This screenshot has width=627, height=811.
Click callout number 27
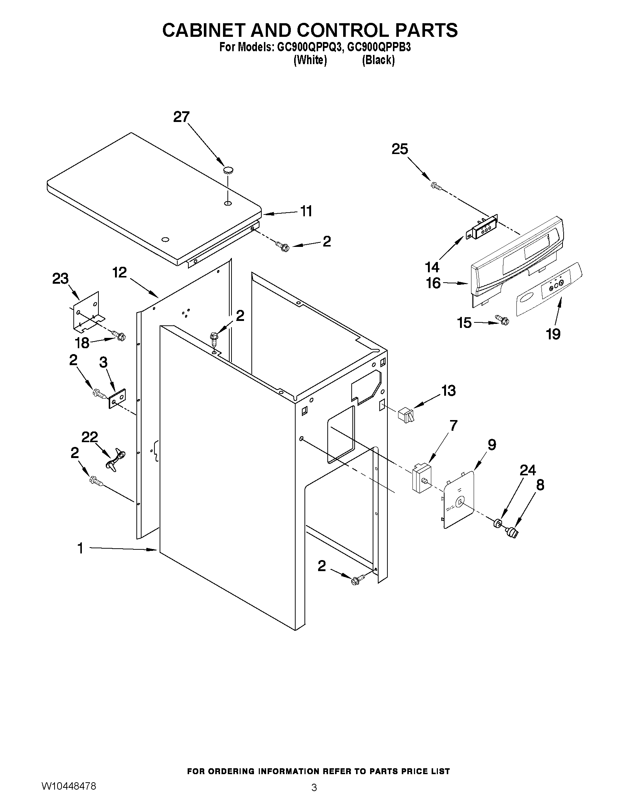tap(181, 117)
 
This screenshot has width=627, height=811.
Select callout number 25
tap(400, 149)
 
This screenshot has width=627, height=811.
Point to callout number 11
tap(306, 211)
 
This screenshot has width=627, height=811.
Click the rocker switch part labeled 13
tap(405, 415)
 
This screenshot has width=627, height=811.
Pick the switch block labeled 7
tap(420, 477)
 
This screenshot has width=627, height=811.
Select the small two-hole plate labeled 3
tap(117, 398)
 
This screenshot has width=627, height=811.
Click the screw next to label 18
tap(119, 336)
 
